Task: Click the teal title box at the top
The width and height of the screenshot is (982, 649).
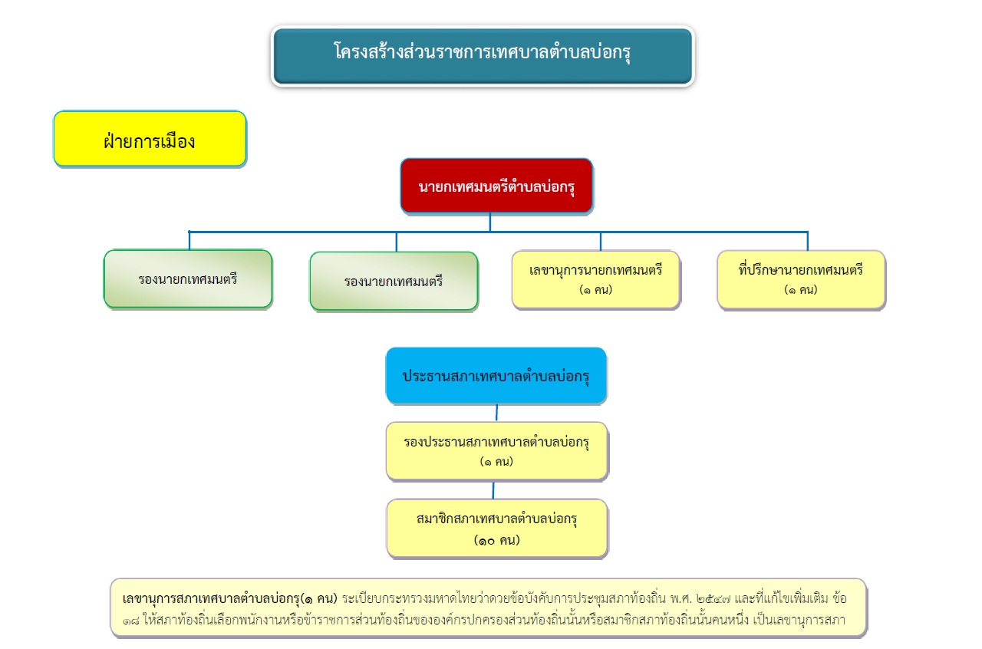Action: point(483,56)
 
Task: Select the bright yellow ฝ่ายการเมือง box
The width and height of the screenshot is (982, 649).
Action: point(150,139)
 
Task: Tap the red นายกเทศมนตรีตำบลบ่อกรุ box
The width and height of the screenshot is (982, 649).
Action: point(496,186)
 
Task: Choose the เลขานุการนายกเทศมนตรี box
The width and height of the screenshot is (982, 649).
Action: point(596,280)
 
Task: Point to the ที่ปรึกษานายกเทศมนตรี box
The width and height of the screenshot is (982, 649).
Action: point(802,280)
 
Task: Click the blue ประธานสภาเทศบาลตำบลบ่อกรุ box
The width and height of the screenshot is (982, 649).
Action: point(496,375)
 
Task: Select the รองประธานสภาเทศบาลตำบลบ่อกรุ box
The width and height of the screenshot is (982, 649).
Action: point(496,451)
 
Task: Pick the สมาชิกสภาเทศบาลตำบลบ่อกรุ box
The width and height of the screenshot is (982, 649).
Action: point(497,529)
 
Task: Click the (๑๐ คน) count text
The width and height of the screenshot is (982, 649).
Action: point(496,540)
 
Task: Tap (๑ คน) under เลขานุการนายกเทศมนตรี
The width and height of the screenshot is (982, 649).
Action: point(596,290)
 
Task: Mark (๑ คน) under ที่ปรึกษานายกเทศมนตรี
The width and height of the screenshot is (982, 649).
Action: point(801,290)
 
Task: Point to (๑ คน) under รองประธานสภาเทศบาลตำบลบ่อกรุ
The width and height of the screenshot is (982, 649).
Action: point(496,462)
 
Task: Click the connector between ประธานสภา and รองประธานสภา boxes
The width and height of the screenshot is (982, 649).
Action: point(496,413)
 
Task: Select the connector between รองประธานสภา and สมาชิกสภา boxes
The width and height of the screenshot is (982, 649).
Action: point(493,490)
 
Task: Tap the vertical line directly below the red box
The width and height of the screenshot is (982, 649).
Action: point(490,222)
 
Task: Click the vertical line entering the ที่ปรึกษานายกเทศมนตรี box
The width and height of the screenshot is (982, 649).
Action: point(808,241)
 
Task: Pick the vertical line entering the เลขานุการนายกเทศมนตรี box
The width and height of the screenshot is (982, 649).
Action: point(601,241)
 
